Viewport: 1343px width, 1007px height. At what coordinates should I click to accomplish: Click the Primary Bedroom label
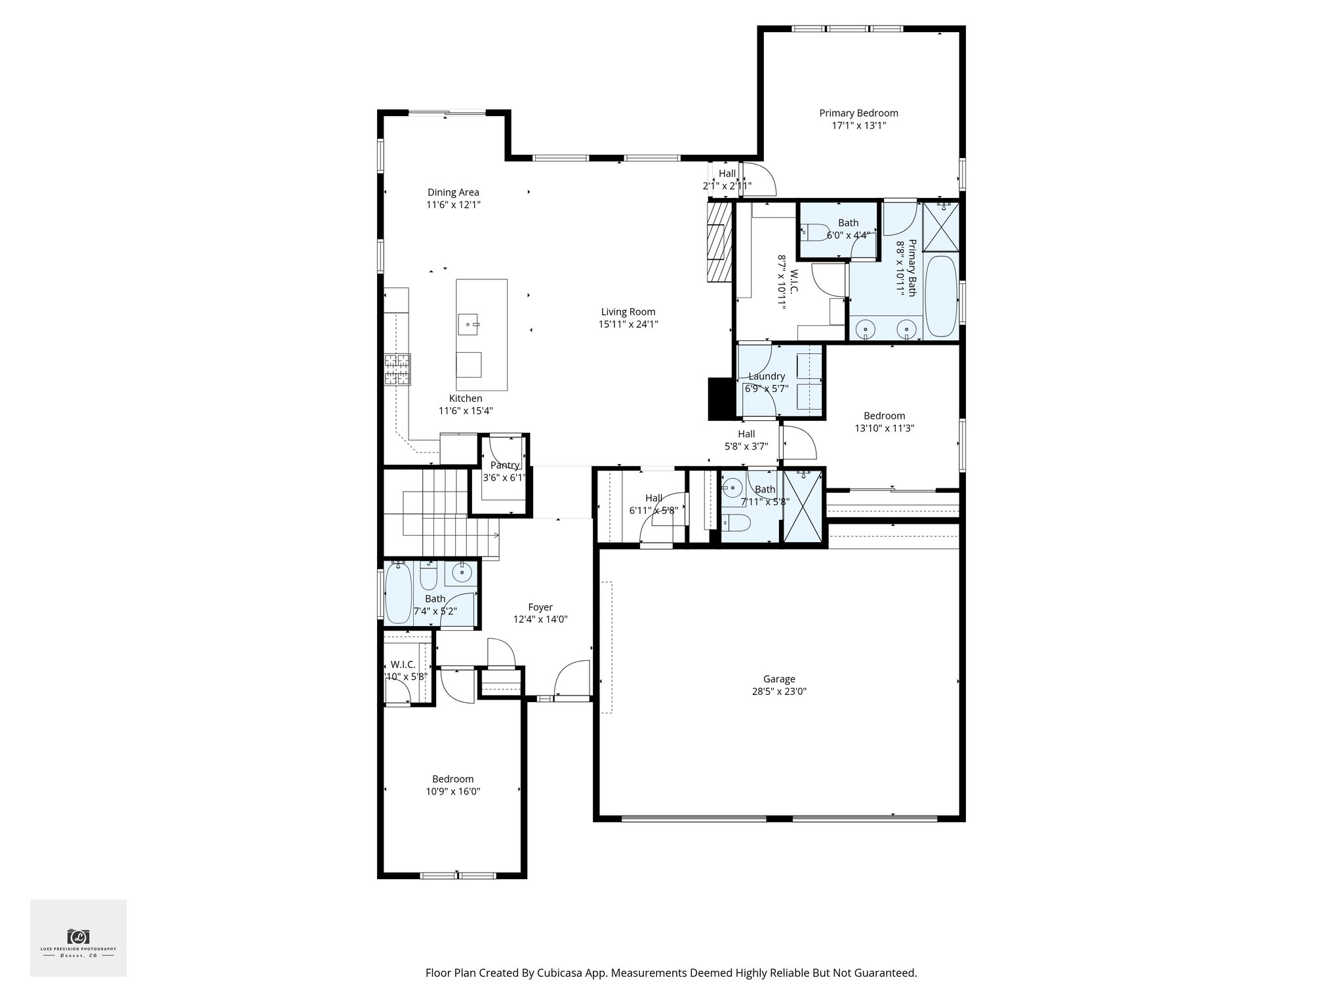point(858,113)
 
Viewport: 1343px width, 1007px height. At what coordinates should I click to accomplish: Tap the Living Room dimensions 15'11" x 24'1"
point(628,324)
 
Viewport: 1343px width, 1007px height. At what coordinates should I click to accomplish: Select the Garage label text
point(778,679)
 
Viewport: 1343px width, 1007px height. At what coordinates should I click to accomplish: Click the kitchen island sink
point(468,323)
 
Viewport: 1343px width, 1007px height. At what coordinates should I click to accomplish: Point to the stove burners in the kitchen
point(397,369)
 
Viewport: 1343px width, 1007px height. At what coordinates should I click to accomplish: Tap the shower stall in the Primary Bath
point(941,227)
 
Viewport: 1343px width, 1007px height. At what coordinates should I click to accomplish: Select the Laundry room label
point(766,376)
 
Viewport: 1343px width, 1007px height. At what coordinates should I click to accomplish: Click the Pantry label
point(504,465)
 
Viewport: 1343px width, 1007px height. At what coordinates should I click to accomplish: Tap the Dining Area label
point(453,192)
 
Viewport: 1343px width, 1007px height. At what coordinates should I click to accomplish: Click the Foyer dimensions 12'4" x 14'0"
point(540,619)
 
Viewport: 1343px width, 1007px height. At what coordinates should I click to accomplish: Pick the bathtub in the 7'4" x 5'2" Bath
point(397,593)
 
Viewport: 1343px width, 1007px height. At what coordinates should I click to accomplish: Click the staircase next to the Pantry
point(439,511)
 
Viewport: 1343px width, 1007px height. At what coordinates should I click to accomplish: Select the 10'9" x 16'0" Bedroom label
point(452,779)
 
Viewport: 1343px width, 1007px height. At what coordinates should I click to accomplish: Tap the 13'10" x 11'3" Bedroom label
point(884,416)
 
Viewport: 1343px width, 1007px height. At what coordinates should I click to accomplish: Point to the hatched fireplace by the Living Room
point(719,241)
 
